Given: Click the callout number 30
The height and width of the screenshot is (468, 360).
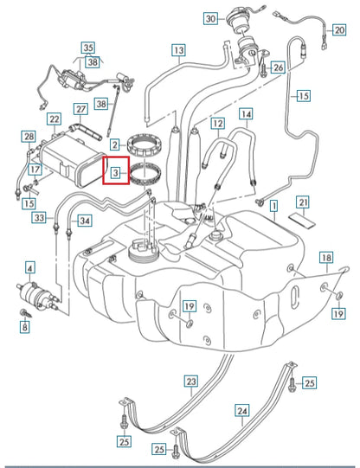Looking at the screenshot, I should [x=210, y=19].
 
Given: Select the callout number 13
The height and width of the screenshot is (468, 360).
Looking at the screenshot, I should [x=178, y=51].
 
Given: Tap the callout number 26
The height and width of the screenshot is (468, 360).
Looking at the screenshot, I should [x=278, y=67].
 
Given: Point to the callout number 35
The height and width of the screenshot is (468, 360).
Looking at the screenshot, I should [x=87, y=48].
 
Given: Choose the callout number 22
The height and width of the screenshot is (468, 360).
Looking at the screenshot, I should [x=54, y=119].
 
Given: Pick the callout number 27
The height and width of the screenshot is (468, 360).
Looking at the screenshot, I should [x=80, y=109].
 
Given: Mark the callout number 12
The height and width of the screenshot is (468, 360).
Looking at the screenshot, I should [x=217, y=124].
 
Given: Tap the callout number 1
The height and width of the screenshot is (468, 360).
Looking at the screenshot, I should [x=273, y=208].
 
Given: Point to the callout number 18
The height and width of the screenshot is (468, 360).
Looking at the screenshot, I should [x=326, y=257].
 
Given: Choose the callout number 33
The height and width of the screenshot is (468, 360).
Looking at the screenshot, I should [x=39, y=220].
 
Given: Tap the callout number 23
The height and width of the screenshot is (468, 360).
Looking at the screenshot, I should [x=191, y=381].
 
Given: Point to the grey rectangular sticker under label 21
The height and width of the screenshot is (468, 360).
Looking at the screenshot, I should [x=302, y=220].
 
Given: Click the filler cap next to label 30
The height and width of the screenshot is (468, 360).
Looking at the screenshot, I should [x=235, y=22].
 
